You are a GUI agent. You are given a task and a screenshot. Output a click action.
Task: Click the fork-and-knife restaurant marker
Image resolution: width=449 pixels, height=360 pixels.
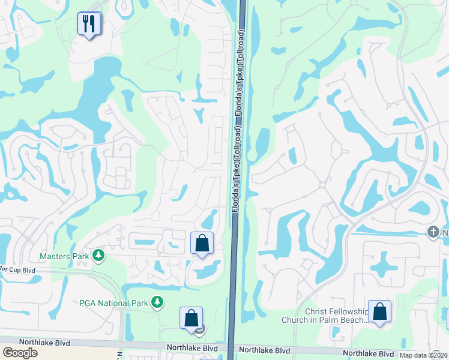(89, 25)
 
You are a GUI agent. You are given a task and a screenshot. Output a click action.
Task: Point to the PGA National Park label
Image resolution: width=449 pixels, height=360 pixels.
(113, 302)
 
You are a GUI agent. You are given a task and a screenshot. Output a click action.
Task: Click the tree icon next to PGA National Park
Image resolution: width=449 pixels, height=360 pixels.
(157, 302)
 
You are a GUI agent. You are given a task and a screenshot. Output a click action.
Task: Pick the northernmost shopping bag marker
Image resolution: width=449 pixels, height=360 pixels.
(202, 244)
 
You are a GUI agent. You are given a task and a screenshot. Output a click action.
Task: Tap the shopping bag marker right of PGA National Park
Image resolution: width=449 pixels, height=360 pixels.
(191, 318)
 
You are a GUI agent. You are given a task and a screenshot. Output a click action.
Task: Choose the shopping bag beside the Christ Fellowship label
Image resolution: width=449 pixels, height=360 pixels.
(379, 312)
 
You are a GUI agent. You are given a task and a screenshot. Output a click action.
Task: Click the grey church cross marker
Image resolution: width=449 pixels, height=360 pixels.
(433, 232)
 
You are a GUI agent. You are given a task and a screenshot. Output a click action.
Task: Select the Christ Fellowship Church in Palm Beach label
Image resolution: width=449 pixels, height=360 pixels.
(336, 316)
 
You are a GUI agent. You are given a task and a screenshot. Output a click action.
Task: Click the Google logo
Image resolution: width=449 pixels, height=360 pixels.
(20, 352)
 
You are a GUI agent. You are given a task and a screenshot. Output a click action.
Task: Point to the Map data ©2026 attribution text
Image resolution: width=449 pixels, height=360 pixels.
(424, 355)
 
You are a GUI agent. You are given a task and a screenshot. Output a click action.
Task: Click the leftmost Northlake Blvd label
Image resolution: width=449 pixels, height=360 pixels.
(44, 342)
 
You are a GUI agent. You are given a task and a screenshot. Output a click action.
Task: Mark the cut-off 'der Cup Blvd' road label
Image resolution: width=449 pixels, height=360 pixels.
(17, 270)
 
